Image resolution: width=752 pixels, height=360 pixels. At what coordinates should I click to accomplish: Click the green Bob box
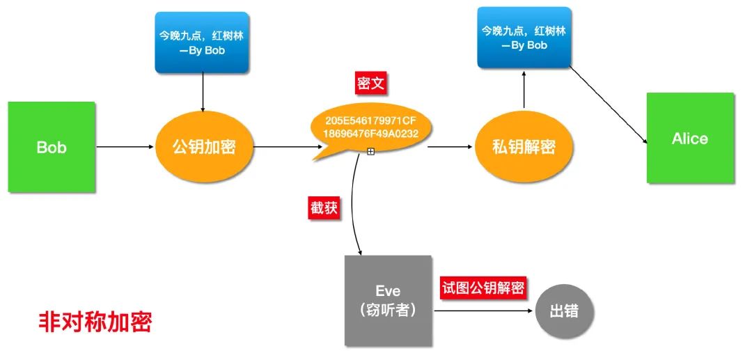[x=52, y=147]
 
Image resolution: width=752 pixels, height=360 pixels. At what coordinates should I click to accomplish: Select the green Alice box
[x=690, y=138]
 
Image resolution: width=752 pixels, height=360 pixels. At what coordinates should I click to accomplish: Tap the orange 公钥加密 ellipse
[x=203, y=147]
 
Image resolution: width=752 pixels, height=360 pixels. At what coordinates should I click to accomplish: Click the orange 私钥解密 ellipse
[x=524, y=147]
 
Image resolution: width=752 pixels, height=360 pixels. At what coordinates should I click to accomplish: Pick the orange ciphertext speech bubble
[x=371, y=127]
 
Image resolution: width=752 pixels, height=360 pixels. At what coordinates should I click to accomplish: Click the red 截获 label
[x=324, y=208]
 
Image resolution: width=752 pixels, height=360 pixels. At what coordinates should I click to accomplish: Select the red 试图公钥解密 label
[x=482, y=288]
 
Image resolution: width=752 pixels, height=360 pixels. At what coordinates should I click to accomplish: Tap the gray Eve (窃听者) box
[x=388, y=300]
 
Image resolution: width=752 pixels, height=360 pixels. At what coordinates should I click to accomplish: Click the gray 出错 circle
[x=565, y=311]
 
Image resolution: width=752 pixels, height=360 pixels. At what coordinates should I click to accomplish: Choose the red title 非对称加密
[x=95, y=322]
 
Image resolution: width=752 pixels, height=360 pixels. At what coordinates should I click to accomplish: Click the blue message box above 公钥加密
[x=202, y=42]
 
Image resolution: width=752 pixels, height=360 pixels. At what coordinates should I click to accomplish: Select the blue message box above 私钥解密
[x=524, y=38]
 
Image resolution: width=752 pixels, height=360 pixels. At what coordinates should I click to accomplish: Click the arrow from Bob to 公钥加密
[x=124, y=147]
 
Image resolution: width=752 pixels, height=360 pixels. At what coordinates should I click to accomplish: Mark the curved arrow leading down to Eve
[x=355, y=209]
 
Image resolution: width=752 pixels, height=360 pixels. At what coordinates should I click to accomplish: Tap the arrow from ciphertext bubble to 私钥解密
[x=449, y=147]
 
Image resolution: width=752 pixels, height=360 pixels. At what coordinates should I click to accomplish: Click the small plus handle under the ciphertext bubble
[x=370, y=151]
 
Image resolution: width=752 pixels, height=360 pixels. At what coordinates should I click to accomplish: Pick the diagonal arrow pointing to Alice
[x=609, y=104]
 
